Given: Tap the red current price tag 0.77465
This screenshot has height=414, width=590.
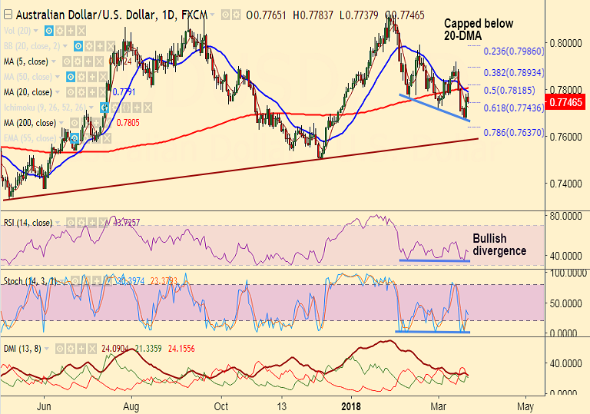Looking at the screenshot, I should (567, 101).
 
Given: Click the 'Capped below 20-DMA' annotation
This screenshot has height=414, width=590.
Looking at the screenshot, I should (470, 29).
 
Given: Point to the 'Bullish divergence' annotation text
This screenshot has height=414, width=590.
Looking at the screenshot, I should (499, 244).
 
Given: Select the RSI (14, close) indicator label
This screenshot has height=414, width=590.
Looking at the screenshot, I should (28, 223).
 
